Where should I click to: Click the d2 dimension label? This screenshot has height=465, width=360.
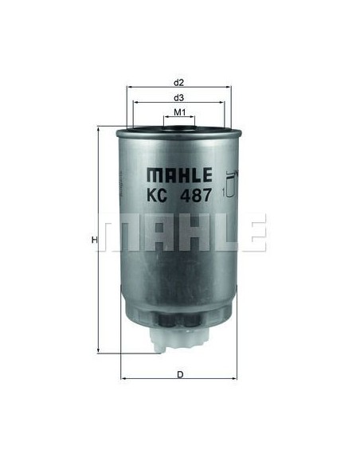pyautogui.click(x=179, y=83)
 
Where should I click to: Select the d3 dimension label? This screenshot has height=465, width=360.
pyautogui.click(x=179, y=98)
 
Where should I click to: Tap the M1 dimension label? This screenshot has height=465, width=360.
pyautogui.click(x=179, y=112)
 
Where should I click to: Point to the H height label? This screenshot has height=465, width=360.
pyautogui.click(x=94, y=240)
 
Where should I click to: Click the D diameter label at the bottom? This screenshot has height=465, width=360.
pyautogui.click(x=180, y=375)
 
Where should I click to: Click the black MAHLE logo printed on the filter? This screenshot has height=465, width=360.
pyautogui.click(x=180, y=174)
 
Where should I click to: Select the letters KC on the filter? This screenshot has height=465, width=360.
pyautogui.click(x=157, y=195)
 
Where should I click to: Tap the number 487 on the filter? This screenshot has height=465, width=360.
pyautogui.click(x=196, y=195)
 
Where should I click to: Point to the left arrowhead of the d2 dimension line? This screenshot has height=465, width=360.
pyautogui.click(x=129, y=88)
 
